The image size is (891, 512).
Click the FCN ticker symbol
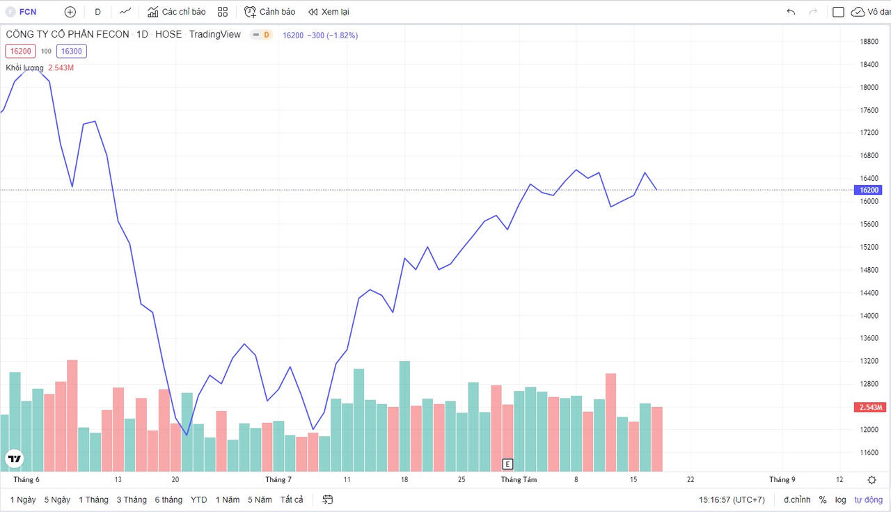coord(28,12)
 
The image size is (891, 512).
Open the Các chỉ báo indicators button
coord(177,12)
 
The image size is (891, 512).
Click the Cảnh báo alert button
coord(270,12)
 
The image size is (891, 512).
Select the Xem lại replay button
coord(329,12)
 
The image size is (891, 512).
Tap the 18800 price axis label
coord(868,42)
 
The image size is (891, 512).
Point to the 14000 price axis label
coord(868,316)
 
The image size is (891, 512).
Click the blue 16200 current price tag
coord(869,190)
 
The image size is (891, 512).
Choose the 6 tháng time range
coord(168,499)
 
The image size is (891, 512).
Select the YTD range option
coord(198,499)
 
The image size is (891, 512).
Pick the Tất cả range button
coord(292,499)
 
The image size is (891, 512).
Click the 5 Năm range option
coord(260,499)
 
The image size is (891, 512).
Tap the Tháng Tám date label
coord(519,479)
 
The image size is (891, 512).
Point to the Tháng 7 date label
coord(278,479)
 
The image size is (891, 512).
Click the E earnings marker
coord(507,464)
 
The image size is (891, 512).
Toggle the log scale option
coord(841,499)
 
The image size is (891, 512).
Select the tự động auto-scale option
coord(868,499)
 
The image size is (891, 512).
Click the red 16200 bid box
coord(20,51)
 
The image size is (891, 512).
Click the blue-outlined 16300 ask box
coord(71,51)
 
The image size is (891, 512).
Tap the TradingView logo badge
coord(14,458)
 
